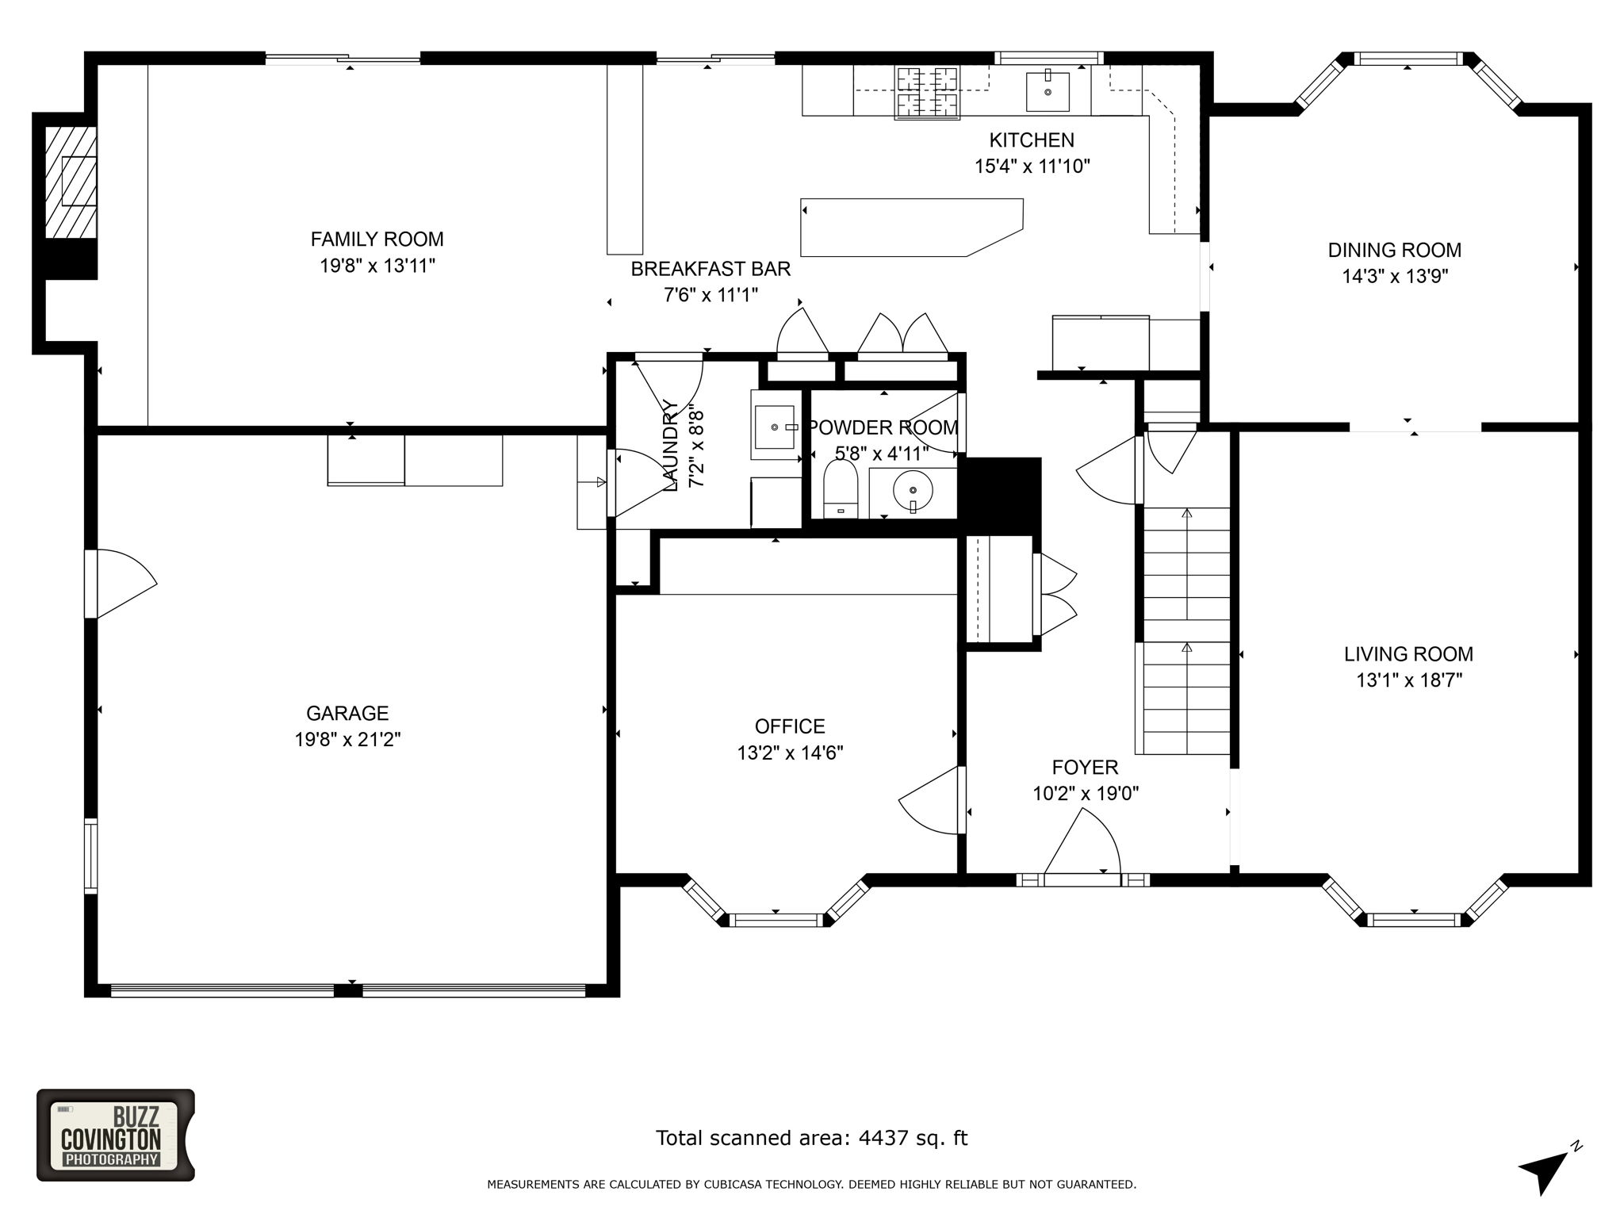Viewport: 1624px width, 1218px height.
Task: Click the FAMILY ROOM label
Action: click(377, 239)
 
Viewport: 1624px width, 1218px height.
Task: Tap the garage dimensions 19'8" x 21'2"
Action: click(347, 739)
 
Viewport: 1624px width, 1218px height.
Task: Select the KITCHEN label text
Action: click(1032, 140)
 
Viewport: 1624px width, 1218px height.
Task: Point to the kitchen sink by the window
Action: click(1048, 92)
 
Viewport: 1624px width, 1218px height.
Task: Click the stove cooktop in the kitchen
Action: click(927, 91)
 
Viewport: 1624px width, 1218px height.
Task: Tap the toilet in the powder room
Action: click(841, 489)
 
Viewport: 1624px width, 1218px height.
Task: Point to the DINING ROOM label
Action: click(1394, 250)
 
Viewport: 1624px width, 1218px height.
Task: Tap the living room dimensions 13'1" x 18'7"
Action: click(1408, 680)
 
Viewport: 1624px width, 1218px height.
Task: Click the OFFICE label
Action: click(790, 726)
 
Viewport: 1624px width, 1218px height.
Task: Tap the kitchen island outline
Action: click(912, 228)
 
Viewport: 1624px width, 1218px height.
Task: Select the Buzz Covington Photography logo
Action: click(116, 1135)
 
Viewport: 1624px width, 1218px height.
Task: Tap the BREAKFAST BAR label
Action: click(710, 269)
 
